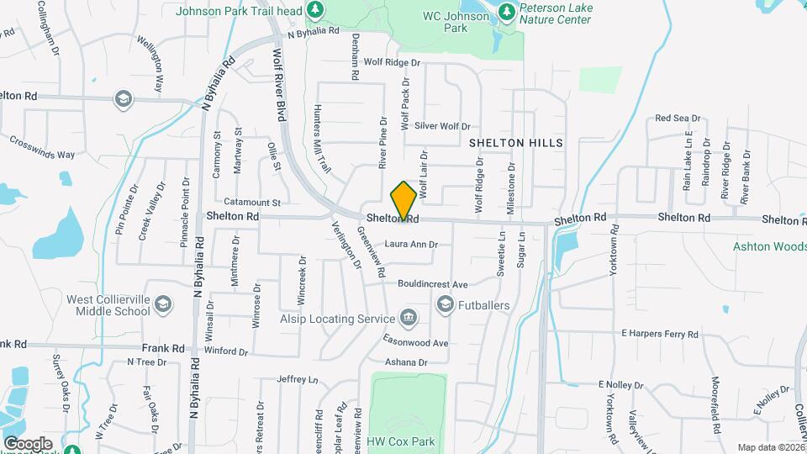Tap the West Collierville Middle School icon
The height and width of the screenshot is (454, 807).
click(163, 304)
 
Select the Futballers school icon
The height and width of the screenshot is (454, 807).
click(444, 305)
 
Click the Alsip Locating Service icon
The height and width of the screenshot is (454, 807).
click(409, 318)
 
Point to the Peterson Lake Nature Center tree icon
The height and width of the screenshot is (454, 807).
click(506, 12)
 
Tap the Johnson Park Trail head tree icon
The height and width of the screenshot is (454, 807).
click(314, 10)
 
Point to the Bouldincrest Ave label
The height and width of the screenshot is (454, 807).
click(432, 284)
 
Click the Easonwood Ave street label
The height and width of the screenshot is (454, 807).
click(417, 343)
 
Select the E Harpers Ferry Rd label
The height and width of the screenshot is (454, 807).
click(660, 335)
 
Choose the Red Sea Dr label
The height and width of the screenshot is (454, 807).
click(678, 119)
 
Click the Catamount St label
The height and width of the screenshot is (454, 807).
click(251, 203)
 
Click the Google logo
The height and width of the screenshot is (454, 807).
click(28, 443)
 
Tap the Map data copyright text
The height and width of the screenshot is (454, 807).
click(770, 447)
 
